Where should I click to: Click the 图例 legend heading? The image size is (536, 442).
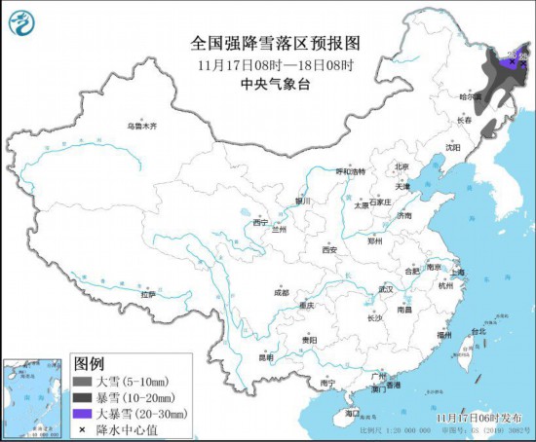[x=90, y=363]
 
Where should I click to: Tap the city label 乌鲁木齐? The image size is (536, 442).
[x=141, y=126]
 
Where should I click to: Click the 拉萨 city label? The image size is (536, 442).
[x=147, y=293]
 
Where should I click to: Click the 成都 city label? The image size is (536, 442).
[x=281, y=291]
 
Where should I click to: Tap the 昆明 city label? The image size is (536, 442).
[x=266, y=357]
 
